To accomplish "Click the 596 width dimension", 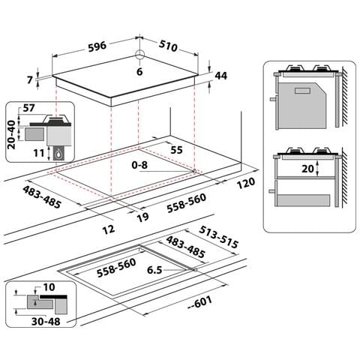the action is point(97,46).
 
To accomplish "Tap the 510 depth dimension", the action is point(168,46).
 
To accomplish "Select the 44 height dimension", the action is point(220,76).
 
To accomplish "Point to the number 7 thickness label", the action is point(30,80).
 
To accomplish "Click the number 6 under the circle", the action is point(139,72).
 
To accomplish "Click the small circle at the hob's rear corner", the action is point(139,54).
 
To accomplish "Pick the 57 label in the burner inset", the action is point(29,108).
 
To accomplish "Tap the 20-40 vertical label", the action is point(11,134).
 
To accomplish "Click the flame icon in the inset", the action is point(58,154).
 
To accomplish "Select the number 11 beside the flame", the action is point(39,153).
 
